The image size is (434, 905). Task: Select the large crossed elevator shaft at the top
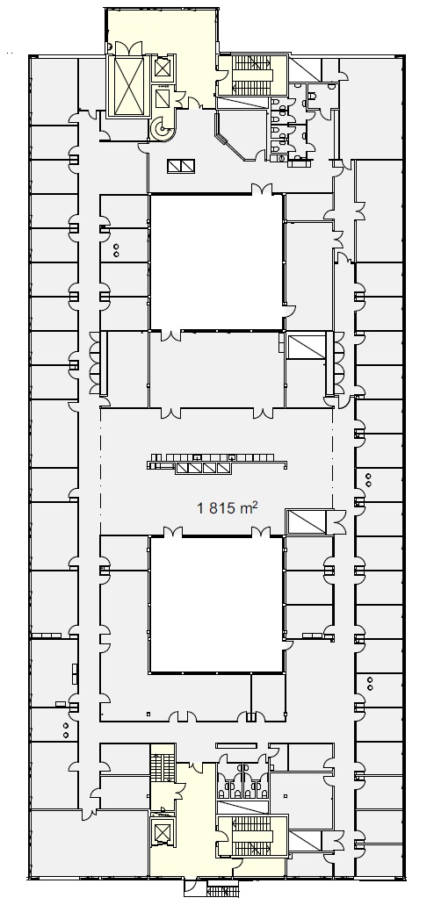127,79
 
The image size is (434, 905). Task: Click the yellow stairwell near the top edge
252,75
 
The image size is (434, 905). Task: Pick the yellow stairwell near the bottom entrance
252,836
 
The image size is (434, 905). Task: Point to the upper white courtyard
216,262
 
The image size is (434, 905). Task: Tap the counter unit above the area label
217,463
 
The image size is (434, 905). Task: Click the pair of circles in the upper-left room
116,250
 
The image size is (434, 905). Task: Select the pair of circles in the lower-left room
66,730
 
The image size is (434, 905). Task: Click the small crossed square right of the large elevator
163,69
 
